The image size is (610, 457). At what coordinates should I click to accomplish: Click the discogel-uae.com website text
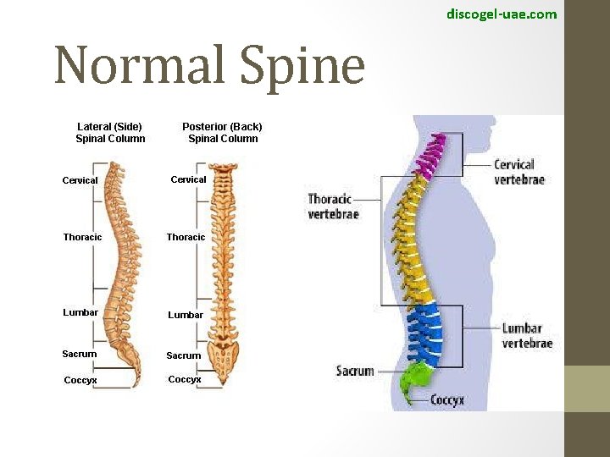(x=502, y=14)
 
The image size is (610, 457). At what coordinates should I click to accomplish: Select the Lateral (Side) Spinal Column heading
(x=110, y=133)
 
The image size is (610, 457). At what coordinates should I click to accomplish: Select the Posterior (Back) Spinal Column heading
(x=223, y=133)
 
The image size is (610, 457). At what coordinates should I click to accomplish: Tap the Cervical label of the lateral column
(x=80, y=180)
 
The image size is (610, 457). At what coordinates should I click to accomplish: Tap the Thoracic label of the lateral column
(x=82, y=237)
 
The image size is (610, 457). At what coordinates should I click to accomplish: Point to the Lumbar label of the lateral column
(x=80, y=312)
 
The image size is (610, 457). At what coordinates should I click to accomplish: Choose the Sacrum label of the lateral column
(x=80, y=354)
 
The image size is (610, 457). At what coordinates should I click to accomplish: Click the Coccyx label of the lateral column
(x=80, y=380)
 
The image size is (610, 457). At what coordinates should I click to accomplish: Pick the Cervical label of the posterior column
(x=188, y=179)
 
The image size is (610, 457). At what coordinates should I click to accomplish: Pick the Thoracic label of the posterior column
(x=186, y=237)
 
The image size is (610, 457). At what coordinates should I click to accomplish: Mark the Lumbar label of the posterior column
(x=186, y=315)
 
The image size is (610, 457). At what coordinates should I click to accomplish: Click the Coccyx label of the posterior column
(x=185, y=379)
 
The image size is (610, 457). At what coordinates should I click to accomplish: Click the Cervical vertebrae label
(x=519, y=172)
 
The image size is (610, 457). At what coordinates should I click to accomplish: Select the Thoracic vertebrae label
(x=333, y=206)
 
